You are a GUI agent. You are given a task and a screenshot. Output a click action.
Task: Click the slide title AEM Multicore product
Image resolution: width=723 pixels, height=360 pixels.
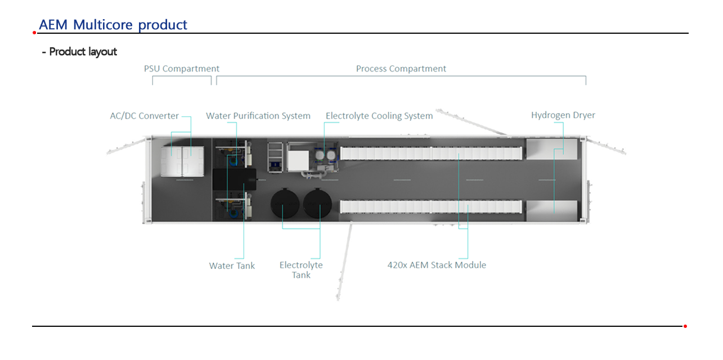click(113, 25)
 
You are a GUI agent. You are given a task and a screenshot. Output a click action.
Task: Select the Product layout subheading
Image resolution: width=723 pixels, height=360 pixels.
click(79, 52)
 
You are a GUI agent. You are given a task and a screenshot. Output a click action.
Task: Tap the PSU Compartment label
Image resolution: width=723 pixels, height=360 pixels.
click(181, 69)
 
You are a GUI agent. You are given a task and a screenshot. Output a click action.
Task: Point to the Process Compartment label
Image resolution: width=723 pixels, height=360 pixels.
click(401, 69)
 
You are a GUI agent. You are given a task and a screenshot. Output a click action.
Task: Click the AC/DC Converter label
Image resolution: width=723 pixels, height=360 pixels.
click(144, 116)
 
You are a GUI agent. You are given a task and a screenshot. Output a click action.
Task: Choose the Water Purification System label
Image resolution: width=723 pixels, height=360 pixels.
click(258, 116)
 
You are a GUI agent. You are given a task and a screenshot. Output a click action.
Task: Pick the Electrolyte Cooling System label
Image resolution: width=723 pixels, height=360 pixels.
click(379, 116)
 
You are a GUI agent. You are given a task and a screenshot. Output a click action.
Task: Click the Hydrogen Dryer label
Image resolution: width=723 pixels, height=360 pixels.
click(563, 115)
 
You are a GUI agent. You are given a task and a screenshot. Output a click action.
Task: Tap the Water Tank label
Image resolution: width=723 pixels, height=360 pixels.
click(232, 266)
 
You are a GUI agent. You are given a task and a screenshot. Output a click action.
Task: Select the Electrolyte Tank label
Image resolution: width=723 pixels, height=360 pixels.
click(301, 270)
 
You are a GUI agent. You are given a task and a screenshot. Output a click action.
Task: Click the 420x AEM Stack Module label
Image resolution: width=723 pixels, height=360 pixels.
click(437, 265)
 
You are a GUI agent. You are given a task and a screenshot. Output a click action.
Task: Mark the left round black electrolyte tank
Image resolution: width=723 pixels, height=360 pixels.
click(285, 204)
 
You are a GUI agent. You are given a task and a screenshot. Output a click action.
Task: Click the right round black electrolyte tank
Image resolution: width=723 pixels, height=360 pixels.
click(317, 204)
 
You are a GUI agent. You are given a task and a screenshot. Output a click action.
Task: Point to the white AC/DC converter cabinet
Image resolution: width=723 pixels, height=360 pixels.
click(182, 161)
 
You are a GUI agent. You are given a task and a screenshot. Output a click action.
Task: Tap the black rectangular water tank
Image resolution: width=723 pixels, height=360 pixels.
click(234, 179)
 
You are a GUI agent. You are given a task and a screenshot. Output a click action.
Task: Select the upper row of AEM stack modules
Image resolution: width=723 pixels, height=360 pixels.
click(431, 153)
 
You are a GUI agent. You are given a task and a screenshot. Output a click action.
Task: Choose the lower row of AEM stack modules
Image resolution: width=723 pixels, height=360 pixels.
click(431, 207)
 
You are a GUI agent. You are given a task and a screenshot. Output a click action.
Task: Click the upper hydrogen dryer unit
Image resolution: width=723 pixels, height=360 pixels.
click(551, 149)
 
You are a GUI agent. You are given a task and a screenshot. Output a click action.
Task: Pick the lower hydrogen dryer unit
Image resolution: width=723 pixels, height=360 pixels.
click(551, 211)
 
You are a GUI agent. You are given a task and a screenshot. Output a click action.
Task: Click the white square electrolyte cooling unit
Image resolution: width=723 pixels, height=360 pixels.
click(298, 161)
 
